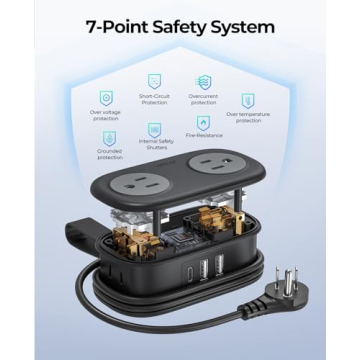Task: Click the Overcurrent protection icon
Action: pos(202,80)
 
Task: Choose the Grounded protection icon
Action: pos(110,138)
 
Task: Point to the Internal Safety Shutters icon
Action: pos(153,130)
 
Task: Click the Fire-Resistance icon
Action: pos(203,122)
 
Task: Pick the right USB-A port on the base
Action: pos(218,267)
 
